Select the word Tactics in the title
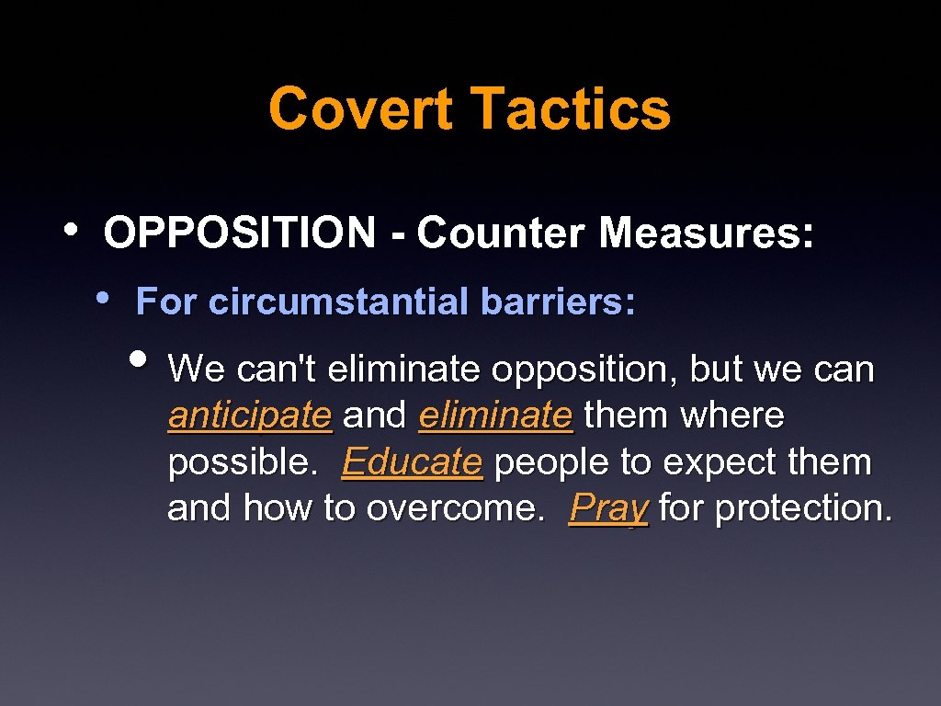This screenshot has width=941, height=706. coord(572,108)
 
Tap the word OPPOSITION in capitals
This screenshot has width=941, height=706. coord(240,233)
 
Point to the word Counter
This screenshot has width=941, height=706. coord(500,233)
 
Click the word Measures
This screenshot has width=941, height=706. coord(706,233)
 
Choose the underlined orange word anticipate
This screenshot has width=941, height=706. coord(249,416)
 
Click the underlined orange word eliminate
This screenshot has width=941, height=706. coord(495,416)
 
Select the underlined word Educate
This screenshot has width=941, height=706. coord(412,462)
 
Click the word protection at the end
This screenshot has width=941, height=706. coord(803,507)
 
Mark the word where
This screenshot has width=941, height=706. coord(732,416)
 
